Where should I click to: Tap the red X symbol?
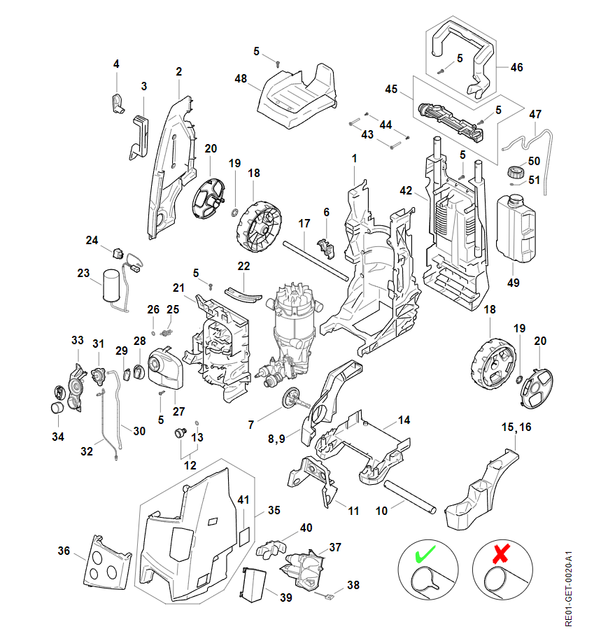(x=500, y=556)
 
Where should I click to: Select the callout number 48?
(x=241, y=79)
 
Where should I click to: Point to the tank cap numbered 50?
(x=515, y=170)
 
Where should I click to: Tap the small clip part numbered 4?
(x=117, y=102)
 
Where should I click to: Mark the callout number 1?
(x=355, y=159)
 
